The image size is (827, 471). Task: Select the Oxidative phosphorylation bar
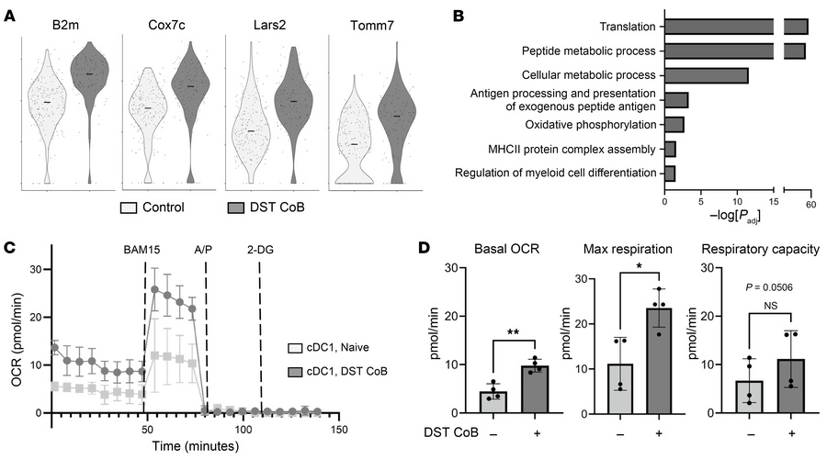(674, 124)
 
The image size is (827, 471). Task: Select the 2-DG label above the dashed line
(261, 249)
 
